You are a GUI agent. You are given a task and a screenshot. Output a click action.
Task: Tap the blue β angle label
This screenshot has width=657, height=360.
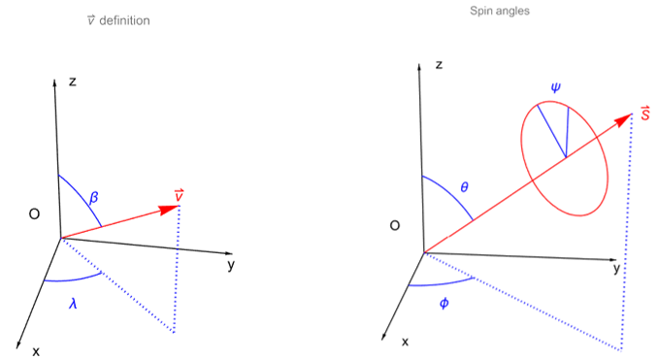94,197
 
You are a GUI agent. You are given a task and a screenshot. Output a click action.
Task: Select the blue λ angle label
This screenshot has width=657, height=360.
73,304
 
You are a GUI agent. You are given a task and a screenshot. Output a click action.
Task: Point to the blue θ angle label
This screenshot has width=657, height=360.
465,186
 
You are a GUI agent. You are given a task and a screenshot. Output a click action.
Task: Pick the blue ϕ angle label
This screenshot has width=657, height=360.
443,304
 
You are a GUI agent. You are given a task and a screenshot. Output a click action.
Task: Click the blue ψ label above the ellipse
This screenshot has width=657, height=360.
555,87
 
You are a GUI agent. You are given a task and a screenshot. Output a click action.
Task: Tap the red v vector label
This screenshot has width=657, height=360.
180,196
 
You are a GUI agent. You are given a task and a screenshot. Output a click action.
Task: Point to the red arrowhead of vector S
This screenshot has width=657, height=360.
623,121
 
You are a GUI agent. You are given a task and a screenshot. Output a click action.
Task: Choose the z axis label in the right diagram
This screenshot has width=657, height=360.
440,65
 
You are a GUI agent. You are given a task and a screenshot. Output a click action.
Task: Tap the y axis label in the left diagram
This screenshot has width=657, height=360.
230,265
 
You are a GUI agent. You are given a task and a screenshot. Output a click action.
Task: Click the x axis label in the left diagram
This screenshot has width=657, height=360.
36,350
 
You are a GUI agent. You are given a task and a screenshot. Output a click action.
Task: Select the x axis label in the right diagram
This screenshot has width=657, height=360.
405,342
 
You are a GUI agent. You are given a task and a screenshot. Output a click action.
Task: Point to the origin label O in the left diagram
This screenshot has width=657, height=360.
34,213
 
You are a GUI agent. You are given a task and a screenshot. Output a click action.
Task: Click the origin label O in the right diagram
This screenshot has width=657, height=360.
395,225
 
